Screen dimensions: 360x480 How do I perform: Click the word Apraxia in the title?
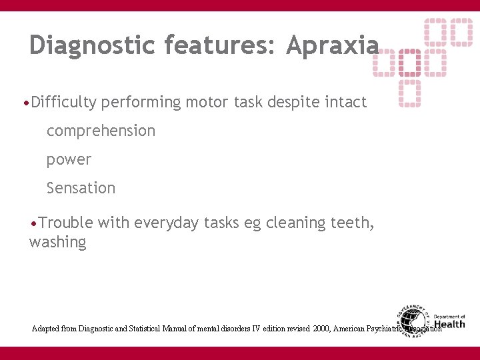pos(332,45)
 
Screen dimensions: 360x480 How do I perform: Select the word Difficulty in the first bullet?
pos(64,102)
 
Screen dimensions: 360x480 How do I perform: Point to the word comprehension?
pos(101,131)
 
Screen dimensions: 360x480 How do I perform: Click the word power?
pos(69,160)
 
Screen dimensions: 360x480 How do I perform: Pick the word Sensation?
pos(81,188)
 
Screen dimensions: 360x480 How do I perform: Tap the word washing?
pos(58,242)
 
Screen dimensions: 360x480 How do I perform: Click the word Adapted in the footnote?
pos(44,329)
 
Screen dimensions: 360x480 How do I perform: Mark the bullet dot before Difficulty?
pos(25,103)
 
